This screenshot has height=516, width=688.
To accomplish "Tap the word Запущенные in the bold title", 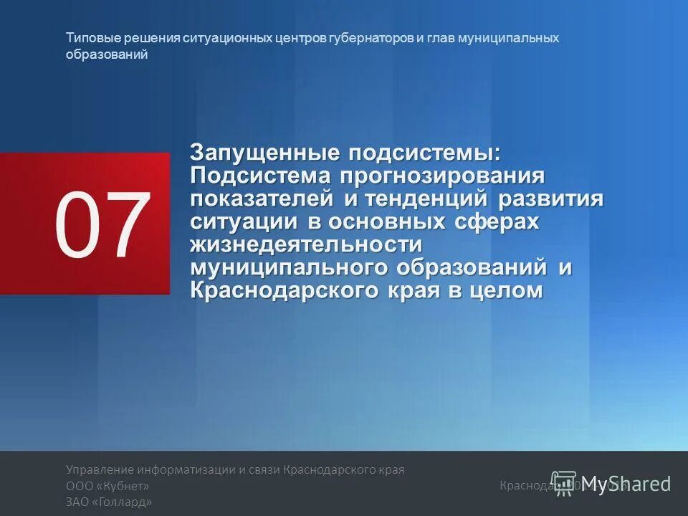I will pyautogui.click(x=264, y=153).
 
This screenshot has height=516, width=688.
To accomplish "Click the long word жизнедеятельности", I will pyautogui.click(x=306, y=244).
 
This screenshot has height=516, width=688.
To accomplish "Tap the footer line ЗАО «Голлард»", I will pyautogui.click(x=109, y=502).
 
